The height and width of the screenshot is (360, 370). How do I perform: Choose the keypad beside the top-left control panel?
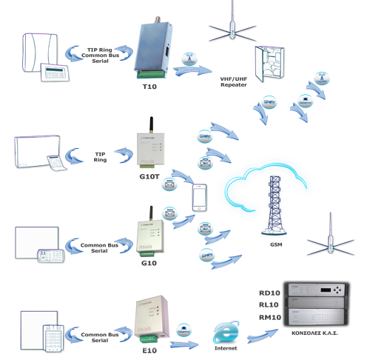coord(55,73)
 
